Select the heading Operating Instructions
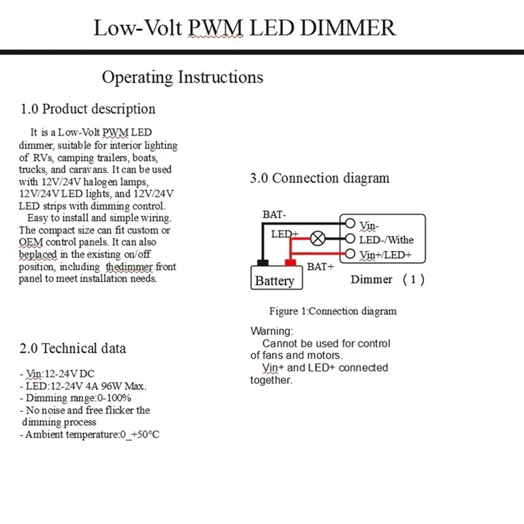coord(182,77)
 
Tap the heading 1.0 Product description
coord(88,109)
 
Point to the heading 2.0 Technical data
coord(73,348)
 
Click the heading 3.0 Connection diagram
coord(320,178)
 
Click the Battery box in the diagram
coord(274,280)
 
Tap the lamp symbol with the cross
coord(317,239)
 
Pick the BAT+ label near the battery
coord(321,267)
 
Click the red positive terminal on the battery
coord(290,263)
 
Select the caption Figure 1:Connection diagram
coord(333,311)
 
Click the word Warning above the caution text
coord(272,331)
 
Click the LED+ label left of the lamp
coord(285,234)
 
